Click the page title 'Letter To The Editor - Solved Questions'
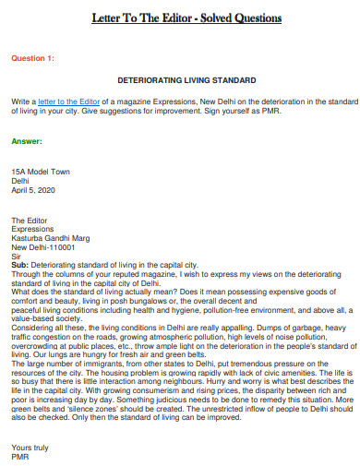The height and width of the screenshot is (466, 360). click(x=179, y=18)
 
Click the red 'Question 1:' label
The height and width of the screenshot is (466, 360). click(x=32, y=58)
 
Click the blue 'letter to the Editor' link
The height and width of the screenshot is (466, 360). click(x=70, y=99)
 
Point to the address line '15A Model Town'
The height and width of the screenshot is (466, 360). click(x=39, y=172)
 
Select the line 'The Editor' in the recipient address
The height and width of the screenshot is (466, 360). click(x=30, y=221)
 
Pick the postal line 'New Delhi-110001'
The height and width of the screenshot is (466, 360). click(x=43, y=247)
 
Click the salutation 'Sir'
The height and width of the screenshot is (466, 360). click(x=16, y=256)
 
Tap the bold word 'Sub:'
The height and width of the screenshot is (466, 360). click(x=20, y=265)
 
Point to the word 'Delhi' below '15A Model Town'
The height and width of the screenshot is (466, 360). click(x=20, y=181)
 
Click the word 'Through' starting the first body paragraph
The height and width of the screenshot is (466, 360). click(x=27, y=274)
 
